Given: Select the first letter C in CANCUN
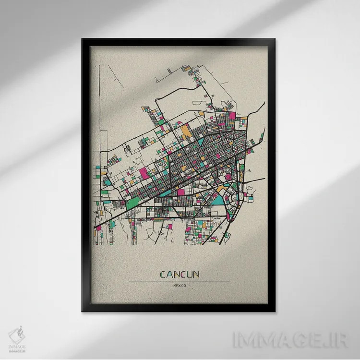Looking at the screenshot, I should point(163,275).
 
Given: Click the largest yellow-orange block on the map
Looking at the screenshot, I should point(185,130).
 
